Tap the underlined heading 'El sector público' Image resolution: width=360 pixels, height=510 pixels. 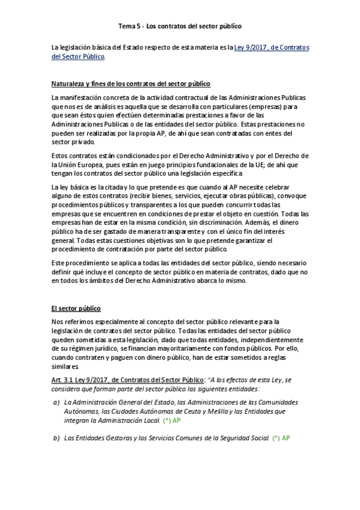[76, 308]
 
